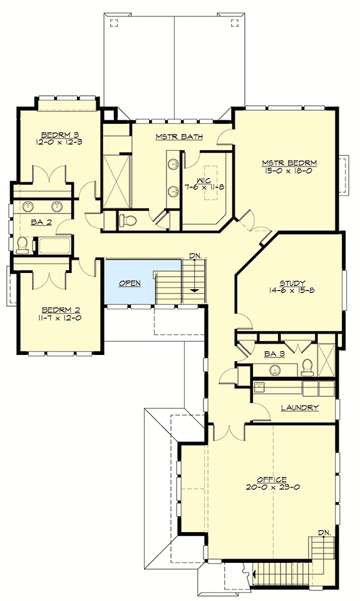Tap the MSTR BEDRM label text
(289, 163)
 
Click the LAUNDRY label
(299, 408)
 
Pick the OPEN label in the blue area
(130, 283)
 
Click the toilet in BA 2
(23, 244)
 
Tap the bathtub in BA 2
(55, 245)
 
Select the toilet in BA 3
(307, 367)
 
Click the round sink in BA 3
(274, 370)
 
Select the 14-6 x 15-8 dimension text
(292, 290)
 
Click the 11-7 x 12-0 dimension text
(61, 317)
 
